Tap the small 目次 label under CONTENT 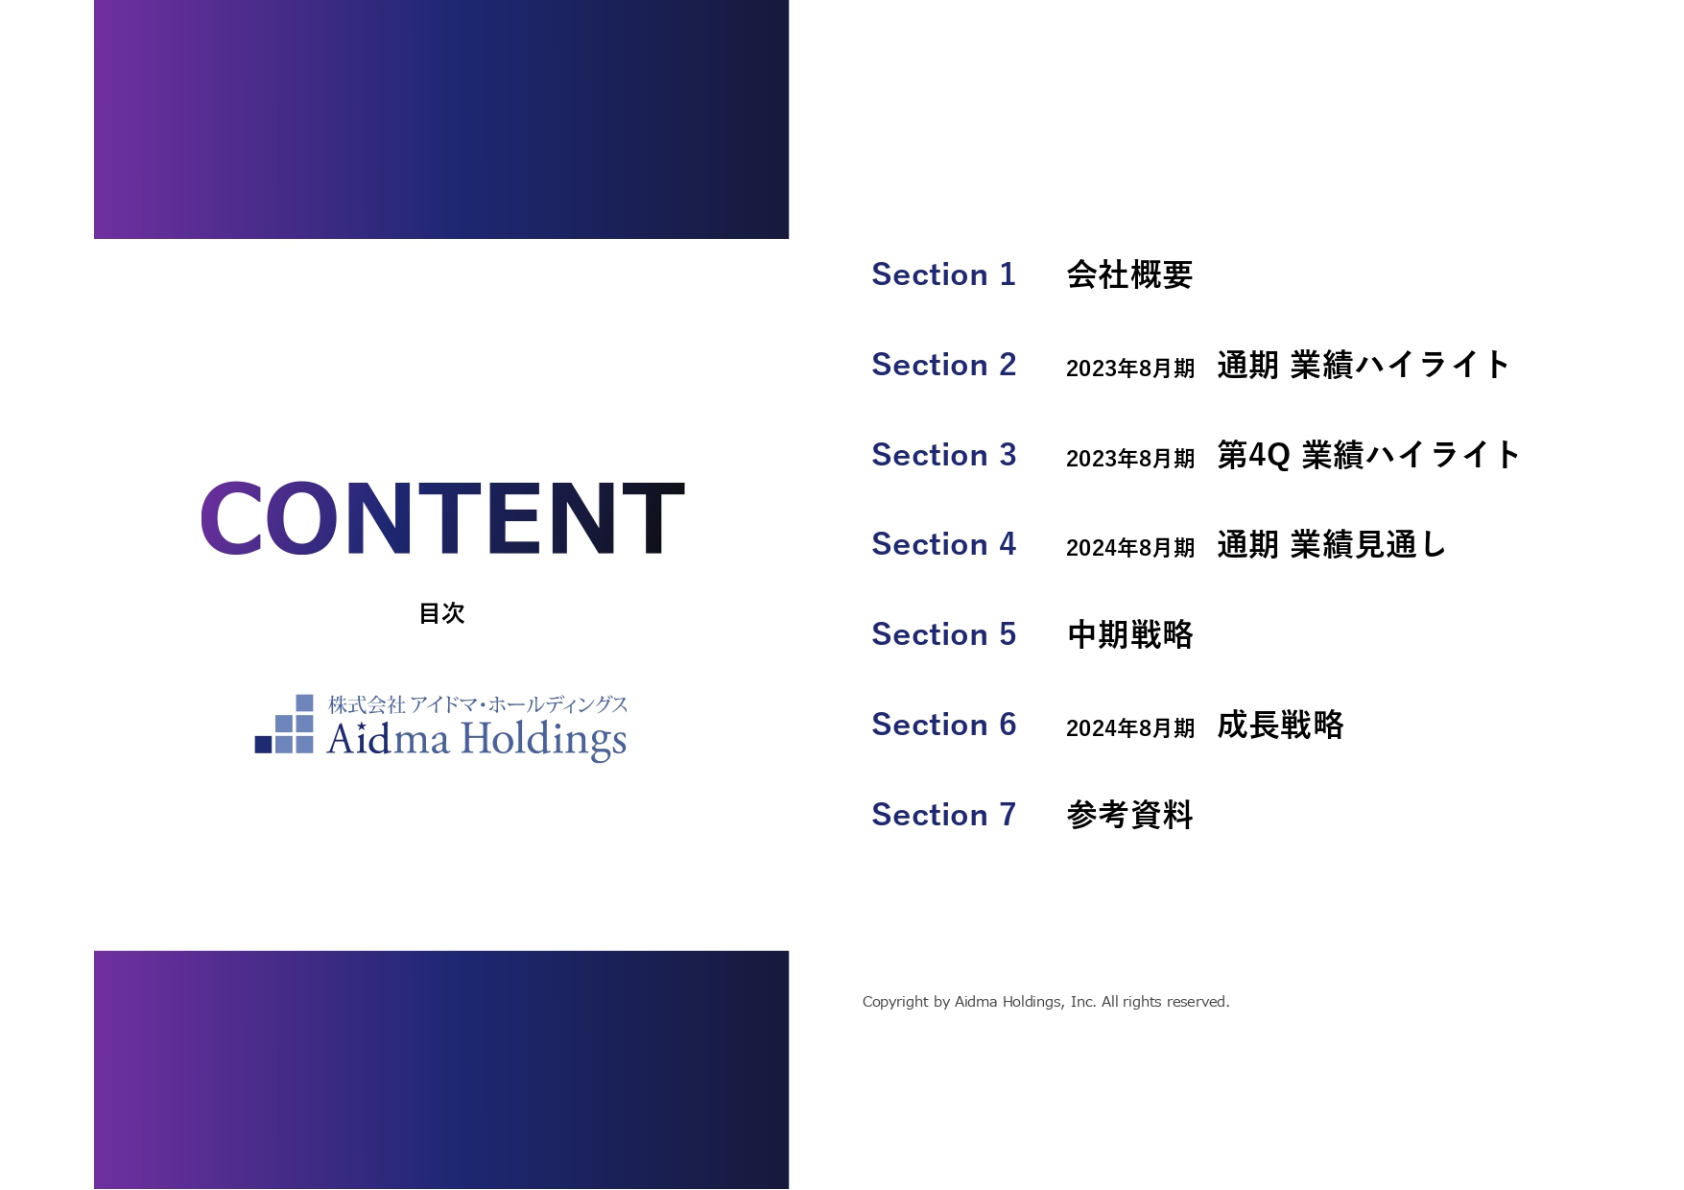pos(442,613)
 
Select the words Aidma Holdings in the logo pos(477,740)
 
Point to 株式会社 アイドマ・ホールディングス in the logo pos(478,704)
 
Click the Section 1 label pos(943,274)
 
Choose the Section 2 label pos(943,365)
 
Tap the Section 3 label pos(943,455)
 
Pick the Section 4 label pos(943,544)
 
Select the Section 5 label pos(943,634)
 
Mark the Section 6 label pos(943,725)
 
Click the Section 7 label pos(943,815)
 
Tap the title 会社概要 pos(1129,274)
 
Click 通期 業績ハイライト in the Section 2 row pos(1364,365)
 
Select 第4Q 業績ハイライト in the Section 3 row pos(1368,455)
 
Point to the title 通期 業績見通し pos(1331,544)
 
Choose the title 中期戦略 pos(1129,634)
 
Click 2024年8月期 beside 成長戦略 pos(1130,728)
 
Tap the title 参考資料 pos(1129,815)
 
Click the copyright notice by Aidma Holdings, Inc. pos(1046,1002)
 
